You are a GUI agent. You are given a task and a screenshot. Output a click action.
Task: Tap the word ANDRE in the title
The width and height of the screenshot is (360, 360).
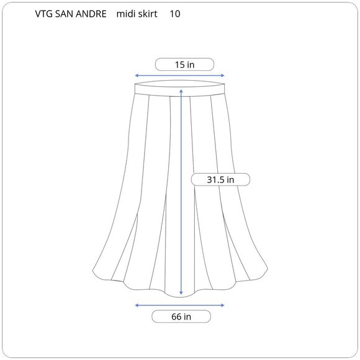pos(91,14)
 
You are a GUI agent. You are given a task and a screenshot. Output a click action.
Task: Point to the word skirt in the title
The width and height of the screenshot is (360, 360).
pos(146,14)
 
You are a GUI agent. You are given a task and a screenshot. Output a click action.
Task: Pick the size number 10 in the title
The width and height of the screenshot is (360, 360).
pos(175,14)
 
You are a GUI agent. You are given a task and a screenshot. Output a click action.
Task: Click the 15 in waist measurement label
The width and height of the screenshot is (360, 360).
pos(184,65)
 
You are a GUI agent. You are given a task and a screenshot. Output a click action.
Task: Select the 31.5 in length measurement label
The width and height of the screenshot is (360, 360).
pos(220,179)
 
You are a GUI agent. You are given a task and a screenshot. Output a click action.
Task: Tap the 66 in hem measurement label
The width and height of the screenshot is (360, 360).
pos(181,317)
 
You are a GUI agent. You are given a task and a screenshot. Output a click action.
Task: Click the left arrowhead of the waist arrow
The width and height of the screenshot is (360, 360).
pos(137,76)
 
